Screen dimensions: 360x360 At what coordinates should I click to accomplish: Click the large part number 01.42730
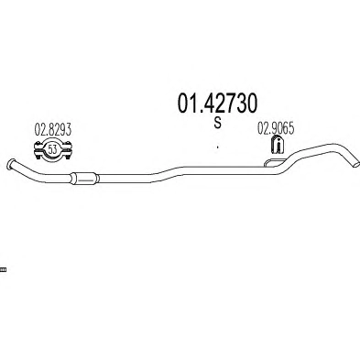[x=217, y=104]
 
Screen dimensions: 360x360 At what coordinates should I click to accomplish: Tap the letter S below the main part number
[x=217, y=123]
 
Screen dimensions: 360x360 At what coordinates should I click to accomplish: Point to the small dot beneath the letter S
[x=217, y=147]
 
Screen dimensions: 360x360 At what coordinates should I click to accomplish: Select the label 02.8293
[x=52, y=129]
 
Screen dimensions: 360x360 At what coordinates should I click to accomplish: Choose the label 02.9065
[x=276, y=128]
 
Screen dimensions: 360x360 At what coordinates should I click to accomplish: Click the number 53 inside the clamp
[x=52, y=149]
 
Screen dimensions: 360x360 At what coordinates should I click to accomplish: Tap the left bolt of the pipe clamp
[x=38, y=150]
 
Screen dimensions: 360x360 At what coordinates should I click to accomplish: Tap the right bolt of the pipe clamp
[x=68, y=150]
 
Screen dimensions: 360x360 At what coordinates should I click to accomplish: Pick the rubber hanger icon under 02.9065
[x=278, y=144]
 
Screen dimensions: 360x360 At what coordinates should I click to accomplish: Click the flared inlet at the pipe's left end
[x=11, y=164]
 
